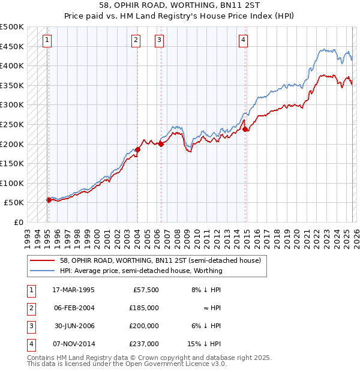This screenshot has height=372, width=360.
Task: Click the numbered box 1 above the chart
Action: [47, 40]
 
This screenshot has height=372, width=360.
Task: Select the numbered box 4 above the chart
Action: [243, 40]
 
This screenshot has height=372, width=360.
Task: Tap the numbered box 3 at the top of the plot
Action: [159, 40]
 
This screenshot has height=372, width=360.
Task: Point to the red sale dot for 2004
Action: [137, 149]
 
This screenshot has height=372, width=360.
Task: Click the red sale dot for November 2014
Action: [245, 129]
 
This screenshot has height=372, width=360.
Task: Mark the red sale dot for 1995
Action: [49, 200]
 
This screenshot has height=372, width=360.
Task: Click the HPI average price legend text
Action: [141, 271]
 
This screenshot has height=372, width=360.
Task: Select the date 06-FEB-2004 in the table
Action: [73, 308]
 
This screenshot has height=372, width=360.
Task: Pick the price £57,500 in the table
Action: [144, 290]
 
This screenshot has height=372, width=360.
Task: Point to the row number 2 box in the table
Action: [30, 308]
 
